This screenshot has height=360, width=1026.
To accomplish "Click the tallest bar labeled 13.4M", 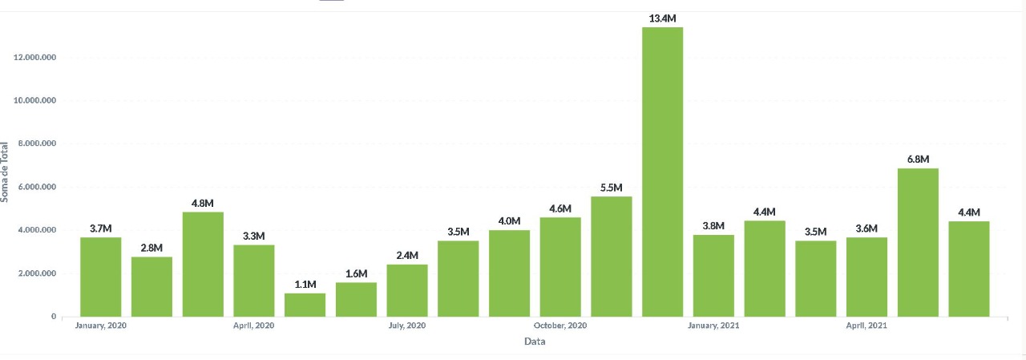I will click(x=662, y=172).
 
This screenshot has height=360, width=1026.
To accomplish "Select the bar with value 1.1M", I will click(x=305, y=305).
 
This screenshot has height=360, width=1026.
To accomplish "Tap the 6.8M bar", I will click(x=918, y=242).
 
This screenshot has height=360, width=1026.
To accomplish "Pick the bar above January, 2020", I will click(x=100, y=277).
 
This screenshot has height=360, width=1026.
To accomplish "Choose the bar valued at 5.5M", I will click(x=611, y=257).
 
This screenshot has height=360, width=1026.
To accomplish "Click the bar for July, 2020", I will click(x=406, y=290).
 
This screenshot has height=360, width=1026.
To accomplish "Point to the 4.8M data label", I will click(x=203, y=202).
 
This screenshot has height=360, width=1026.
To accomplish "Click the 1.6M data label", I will click(x=356, y=273).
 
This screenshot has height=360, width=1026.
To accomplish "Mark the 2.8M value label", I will click(x=151, y=247).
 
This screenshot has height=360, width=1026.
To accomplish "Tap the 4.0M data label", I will click(x=509, y=220).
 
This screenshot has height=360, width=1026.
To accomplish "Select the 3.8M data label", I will click(x=713, y=225).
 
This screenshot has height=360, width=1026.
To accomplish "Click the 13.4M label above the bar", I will click(x=662, y=18).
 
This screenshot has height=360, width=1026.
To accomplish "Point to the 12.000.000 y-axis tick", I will click(x=33, y=58).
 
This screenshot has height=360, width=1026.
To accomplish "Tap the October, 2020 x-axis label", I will click(x=560, y=326).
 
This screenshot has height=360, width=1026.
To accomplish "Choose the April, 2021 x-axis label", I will click(x=866, y=326).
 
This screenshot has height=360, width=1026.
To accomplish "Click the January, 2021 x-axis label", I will click(x=713, y=326).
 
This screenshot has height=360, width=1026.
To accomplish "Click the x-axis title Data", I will click(x=535, y=342).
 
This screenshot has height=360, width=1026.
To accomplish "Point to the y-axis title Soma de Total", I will click(x=6, y=172).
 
